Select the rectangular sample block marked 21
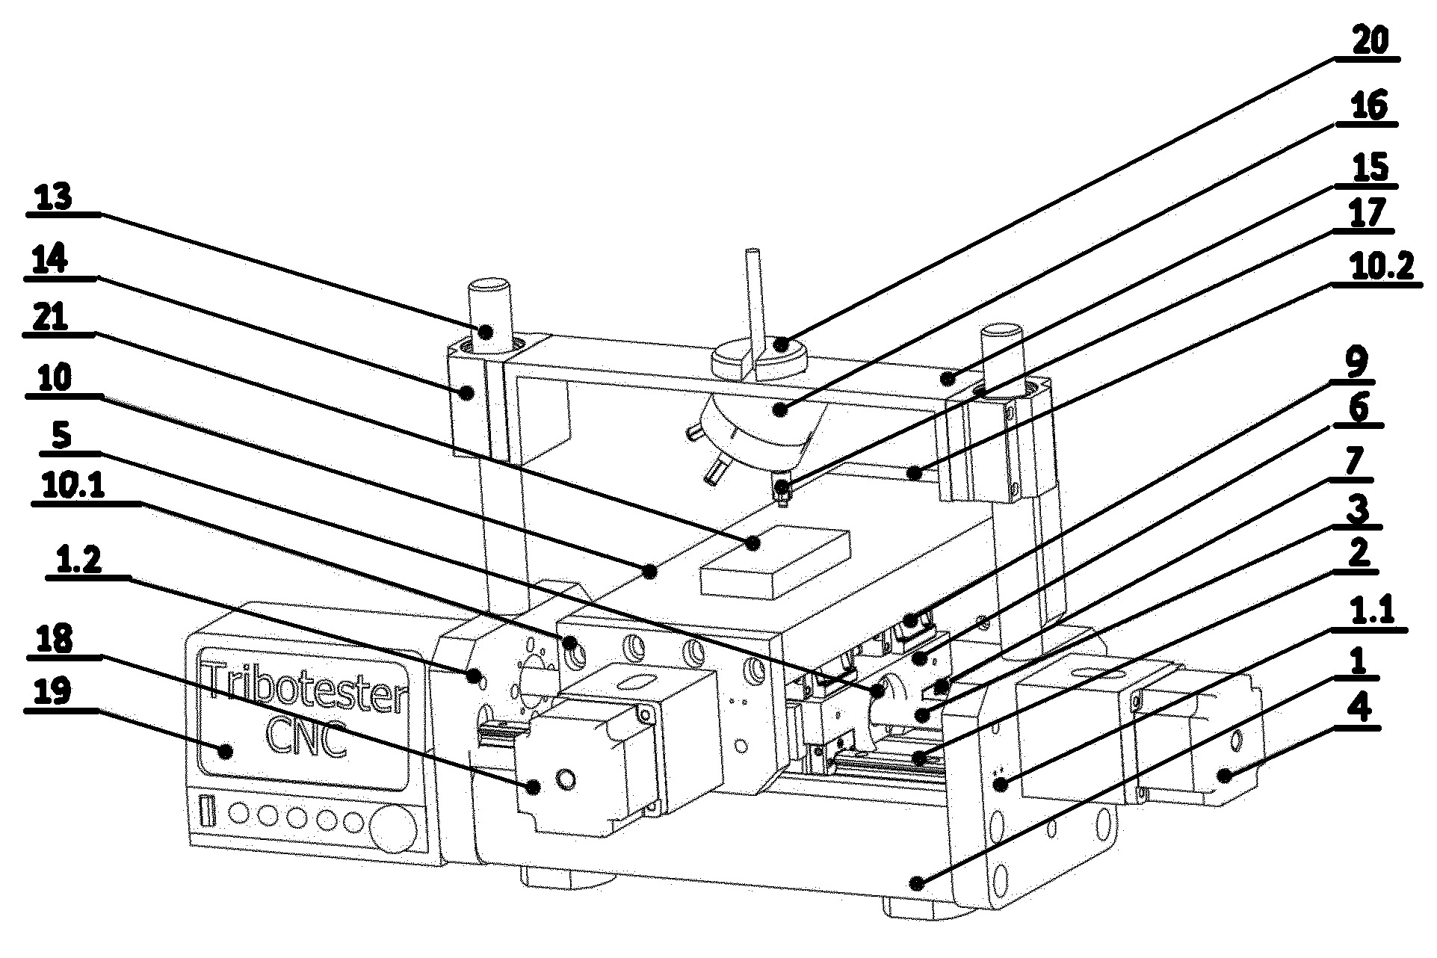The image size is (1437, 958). tap(775, 561)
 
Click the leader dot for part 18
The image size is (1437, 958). tap(534, 785)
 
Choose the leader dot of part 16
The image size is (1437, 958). tap(780, 409)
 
